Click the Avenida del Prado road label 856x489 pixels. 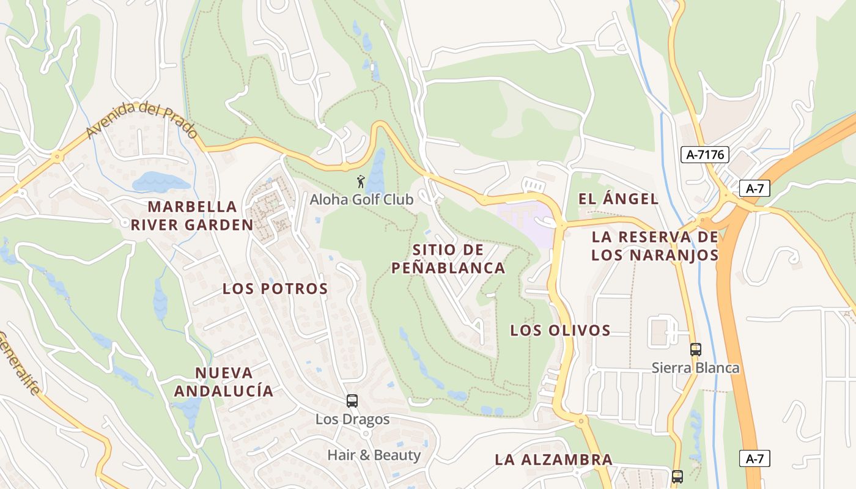pyautogui.click(x=142, y=120)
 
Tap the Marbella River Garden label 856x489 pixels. pyautogui.click(x=192, y=215)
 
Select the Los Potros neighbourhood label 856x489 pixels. pyautogui.click(x=275, y=289)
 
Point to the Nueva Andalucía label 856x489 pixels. pyautogui.click(x=224, y=381)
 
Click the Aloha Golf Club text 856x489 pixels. pyautogui.click(x=361, y=199)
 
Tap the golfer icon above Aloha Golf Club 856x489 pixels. pyautogui.click(x=361, y=182)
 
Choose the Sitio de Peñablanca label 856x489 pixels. pyautogui.click(x=448, y=259)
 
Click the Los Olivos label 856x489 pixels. pyautogui.click(x=560, y=330)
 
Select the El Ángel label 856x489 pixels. pyautogui.click(x=618, y=199)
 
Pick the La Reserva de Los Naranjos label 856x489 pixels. pyautogui.click(x=655, y=246)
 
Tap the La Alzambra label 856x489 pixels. pyautogui.click(x=553, y=460)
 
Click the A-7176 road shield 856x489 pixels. pyautogui.click(x=705, y=155)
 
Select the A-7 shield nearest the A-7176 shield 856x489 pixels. pyautogui.click(x=755, y=188)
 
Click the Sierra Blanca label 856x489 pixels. pyautogui.click(x=695, y=368)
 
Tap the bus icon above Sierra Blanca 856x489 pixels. pyautogui.click(x=695, y=350)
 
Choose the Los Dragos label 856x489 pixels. pyautogui.click(x=352, y=419)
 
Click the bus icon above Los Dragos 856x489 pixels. pyautogui.click(x=352, y=401)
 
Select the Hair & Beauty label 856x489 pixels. pyautogui.click(x=374, y=455)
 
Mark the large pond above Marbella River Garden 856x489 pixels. pyautogui.click(x=160, y=182)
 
